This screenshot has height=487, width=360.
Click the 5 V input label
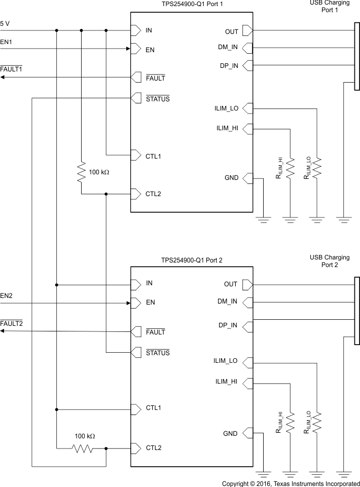[5, 23]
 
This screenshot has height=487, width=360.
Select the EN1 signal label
[6, 42]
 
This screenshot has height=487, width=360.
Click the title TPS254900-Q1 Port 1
[192, 4]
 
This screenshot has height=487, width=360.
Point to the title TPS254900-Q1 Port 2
[192, 260]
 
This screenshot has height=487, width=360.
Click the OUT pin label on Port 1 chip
[232, 31]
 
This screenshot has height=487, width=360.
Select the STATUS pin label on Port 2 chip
[158, 353]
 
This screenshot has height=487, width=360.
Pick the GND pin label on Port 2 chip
[230, 434]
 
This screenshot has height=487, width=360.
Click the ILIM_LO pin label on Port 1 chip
[226, 108]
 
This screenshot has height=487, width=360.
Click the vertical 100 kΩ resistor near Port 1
[81, 172]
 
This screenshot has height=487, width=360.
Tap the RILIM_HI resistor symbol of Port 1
[290, 168]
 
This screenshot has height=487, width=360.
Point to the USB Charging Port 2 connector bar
[357, 310]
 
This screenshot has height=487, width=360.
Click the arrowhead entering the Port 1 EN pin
[128, 49]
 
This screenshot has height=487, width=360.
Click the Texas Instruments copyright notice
[291, 483]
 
